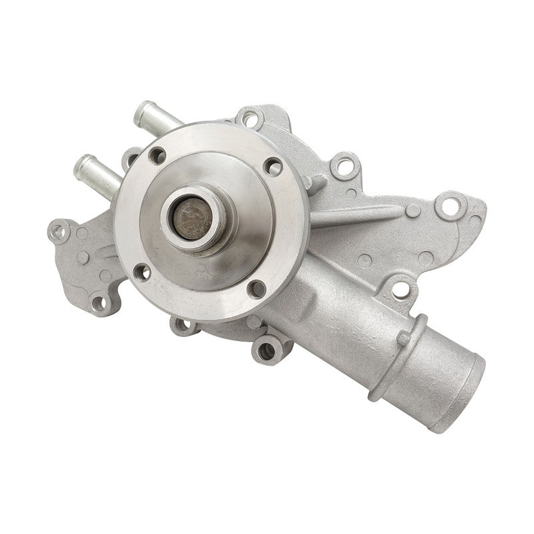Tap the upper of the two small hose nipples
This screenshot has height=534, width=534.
pos(156,117)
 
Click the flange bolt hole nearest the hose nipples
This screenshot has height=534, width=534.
pos(158,156)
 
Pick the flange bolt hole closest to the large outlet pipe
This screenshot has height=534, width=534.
pos(256,289)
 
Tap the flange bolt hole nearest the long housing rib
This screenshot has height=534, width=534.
pos(272,166)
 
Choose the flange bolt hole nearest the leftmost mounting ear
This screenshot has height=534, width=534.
pos(142,270)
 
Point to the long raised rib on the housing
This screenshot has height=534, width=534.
pos(360,214)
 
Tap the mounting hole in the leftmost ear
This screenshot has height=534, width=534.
pos(61,231)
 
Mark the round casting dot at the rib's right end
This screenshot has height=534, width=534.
pos(413,210)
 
